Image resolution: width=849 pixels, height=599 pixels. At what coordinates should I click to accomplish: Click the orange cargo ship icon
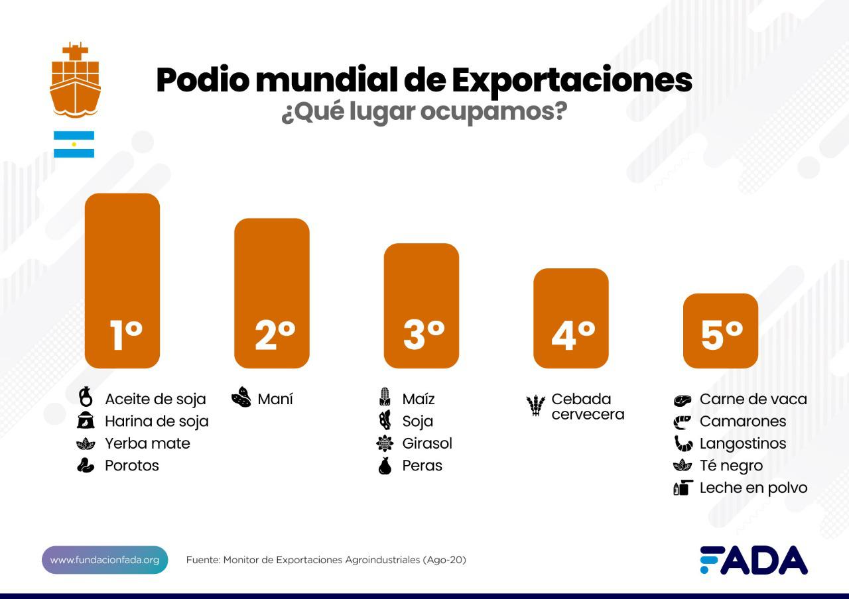75,80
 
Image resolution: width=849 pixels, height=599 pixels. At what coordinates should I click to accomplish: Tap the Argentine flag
74,144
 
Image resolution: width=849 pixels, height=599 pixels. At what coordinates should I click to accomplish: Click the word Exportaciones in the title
571,80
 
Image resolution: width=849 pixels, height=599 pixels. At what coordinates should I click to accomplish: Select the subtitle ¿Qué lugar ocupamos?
424,112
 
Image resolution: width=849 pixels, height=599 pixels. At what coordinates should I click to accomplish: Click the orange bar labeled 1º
123,280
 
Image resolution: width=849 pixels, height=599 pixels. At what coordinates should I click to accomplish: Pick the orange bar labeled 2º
272,293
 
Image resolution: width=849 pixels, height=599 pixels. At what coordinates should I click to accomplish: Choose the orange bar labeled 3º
421,305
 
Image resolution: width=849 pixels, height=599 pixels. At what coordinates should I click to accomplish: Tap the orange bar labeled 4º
570,318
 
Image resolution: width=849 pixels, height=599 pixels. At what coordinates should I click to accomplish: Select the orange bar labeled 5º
720,331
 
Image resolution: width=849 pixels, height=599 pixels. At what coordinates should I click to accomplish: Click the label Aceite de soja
155,399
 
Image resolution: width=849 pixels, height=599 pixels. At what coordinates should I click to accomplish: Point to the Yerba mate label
147,443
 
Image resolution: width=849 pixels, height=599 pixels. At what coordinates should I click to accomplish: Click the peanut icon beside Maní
241,398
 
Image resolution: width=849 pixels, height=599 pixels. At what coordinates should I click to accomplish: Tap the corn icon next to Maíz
385,398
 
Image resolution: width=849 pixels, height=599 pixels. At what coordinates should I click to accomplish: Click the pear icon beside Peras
385,466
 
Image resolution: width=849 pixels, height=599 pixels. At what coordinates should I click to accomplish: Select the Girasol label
426,443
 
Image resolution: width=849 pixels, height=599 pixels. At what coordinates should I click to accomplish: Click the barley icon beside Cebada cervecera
535,406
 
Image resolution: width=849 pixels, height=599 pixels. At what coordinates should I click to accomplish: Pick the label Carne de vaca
753,399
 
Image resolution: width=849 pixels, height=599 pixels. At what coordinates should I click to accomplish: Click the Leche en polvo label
753,488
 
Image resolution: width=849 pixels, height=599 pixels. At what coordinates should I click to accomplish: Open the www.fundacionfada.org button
105,560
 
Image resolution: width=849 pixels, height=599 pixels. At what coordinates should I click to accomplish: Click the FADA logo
753,560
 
